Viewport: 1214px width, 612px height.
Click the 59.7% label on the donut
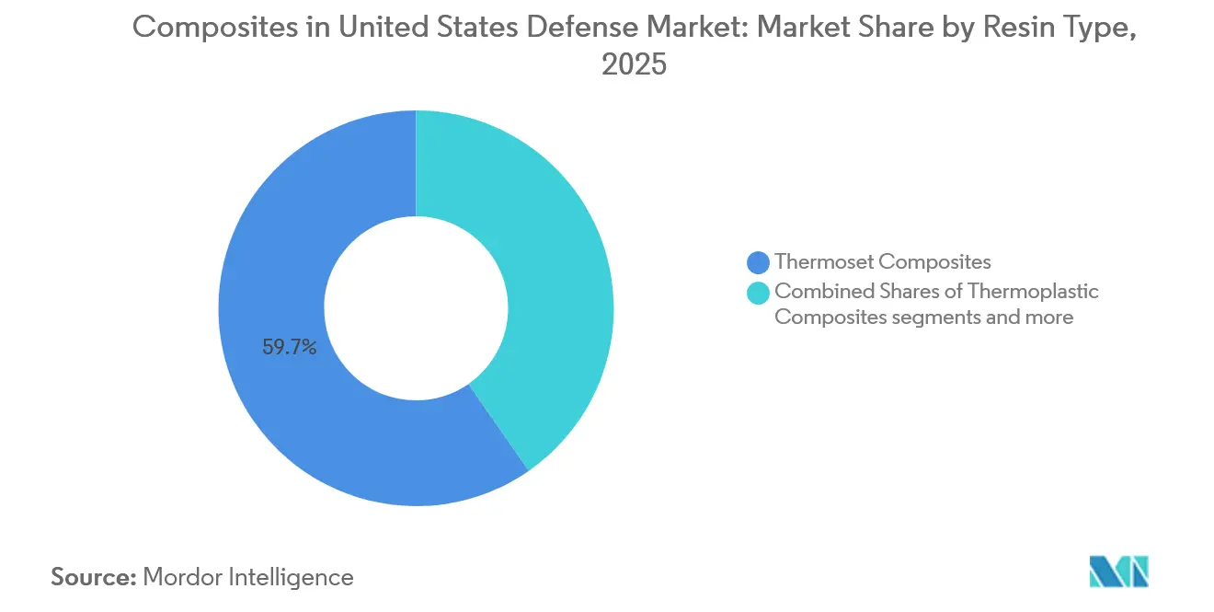(x=290, y=348)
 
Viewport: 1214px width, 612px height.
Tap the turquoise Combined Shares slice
(x=552, y=276)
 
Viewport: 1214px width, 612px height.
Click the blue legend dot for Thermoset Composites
(x=759, y=263)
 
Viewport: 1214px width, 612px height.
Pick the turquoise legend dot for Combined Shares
(x=759, y=293)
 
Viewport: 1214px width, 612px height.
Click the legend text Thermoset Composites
(x=882, y=262)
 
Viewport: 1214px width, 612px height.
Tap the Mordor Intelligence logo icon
(x=1118, y=572)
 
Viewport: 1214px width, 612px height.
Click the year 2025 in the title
(x=633, y=65)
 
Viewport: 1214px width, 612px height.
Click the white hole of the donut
(x=416, y=308)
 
